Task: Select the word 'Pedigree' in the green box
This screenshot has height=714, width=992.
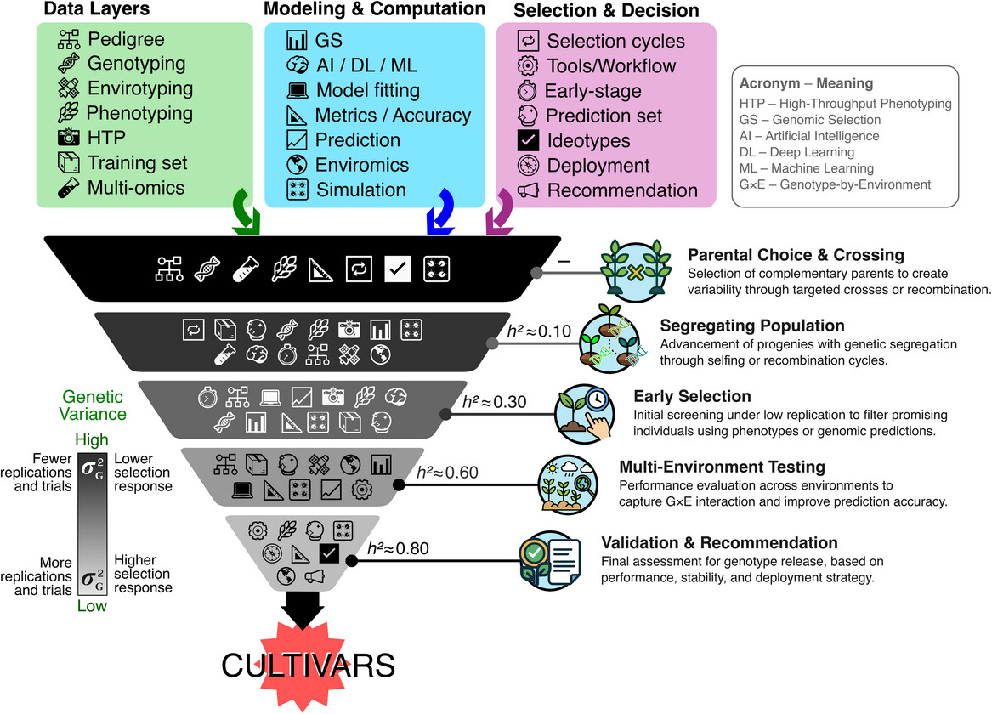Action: point(127,40)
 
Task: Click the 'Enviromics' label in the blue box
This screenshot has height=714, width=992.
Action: point(362,165)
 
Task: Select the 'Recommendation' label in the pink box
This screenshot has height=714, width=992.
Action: point(622,190)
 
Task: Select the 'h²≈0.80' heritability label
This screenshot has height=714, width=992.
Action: point(398,548)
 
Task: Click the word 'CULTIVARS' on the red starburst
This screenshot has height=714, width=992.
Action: point(309,665)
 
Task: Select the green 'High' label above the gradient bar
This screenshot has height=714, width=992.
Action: point(93,440)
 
